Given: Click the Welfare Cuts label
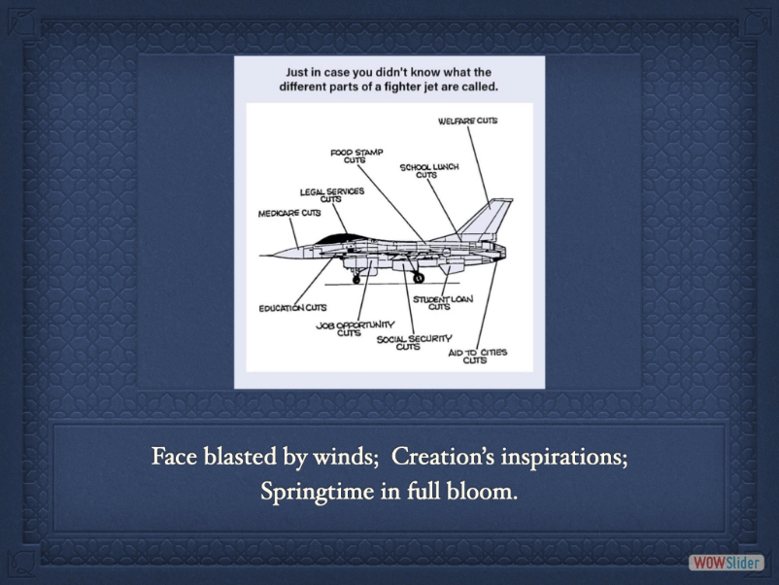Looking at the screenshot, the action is point(467,120).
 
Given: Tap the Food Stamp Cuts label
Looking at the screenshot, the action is point(356,156).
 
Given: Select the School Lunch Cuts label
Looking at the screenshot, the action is point(429,171).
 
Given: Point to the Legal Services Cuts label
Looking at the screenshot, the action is point(332,194).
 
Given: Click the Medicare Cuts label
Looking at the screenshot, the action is point(289,213).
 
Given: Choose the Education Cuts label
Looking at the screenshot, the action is point(292,308).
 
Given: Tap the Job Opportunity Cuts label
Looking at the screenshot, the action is point(356,328).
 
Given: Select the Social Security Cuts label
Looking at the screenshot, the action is point(415,342).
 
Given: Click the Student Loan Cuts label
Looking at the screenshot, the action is point(443,302).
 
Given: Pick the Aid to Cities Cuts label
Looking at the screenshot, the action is point(478,356).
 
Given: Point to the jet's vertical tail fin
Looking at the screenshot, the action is point(487,219).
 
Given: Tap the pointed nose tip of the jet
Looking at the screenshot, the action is point(261,256).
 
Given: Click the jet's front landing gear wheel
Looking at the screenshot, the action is point(356,280).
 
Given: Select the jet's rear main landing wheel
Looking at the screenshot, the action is point(419,278).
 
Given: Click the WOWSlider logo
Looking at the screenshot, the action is point(726,563).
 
